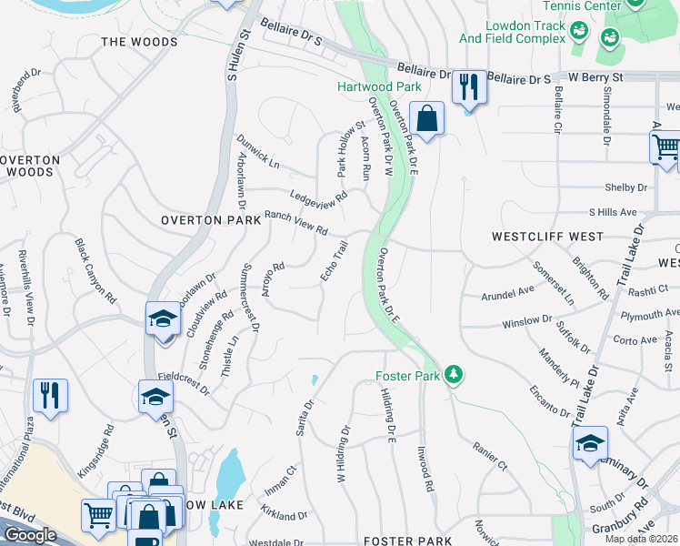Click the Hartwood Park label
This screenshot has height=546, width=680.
[379, 86]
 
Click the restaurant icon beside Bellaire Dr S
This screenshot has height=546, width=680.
[468, 87]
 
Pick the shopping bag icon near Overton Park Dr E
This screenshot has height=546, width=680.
[426, 117]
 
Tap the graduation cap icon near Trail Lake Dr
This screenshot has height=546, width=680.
[590, 443]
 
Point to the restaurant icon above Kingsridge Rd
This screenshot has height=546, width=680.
[49, 396]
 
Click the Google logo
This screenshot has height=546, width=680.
[30, 535]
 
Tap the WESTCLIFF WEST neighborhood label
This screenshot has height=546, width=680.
[547, 237]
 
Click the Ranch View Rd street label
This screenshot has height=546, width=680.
[295, 223]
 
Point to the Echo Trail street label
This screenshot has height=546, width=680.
[334, 260]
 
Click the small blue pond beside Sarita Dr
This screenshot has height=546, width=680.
[315, 379]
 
